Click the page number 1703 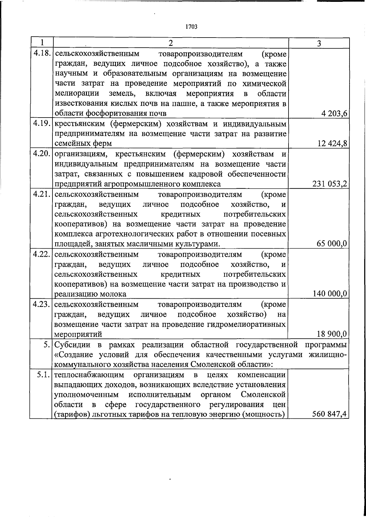point(191,27)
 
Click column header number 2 point(170,43)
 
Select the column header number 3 point(318,43)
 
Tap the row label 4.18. point(42,53)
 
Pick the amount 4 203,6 point(334,114)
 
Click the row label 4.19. point(42,124)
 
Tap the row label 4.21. point(42,194)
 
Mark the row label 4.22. point(42,254)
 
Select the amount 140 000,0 point(330,294)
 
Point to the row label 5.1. point(44,374)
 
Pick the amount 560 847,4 point(330,414)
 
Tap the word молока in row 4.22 point(114,294)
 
